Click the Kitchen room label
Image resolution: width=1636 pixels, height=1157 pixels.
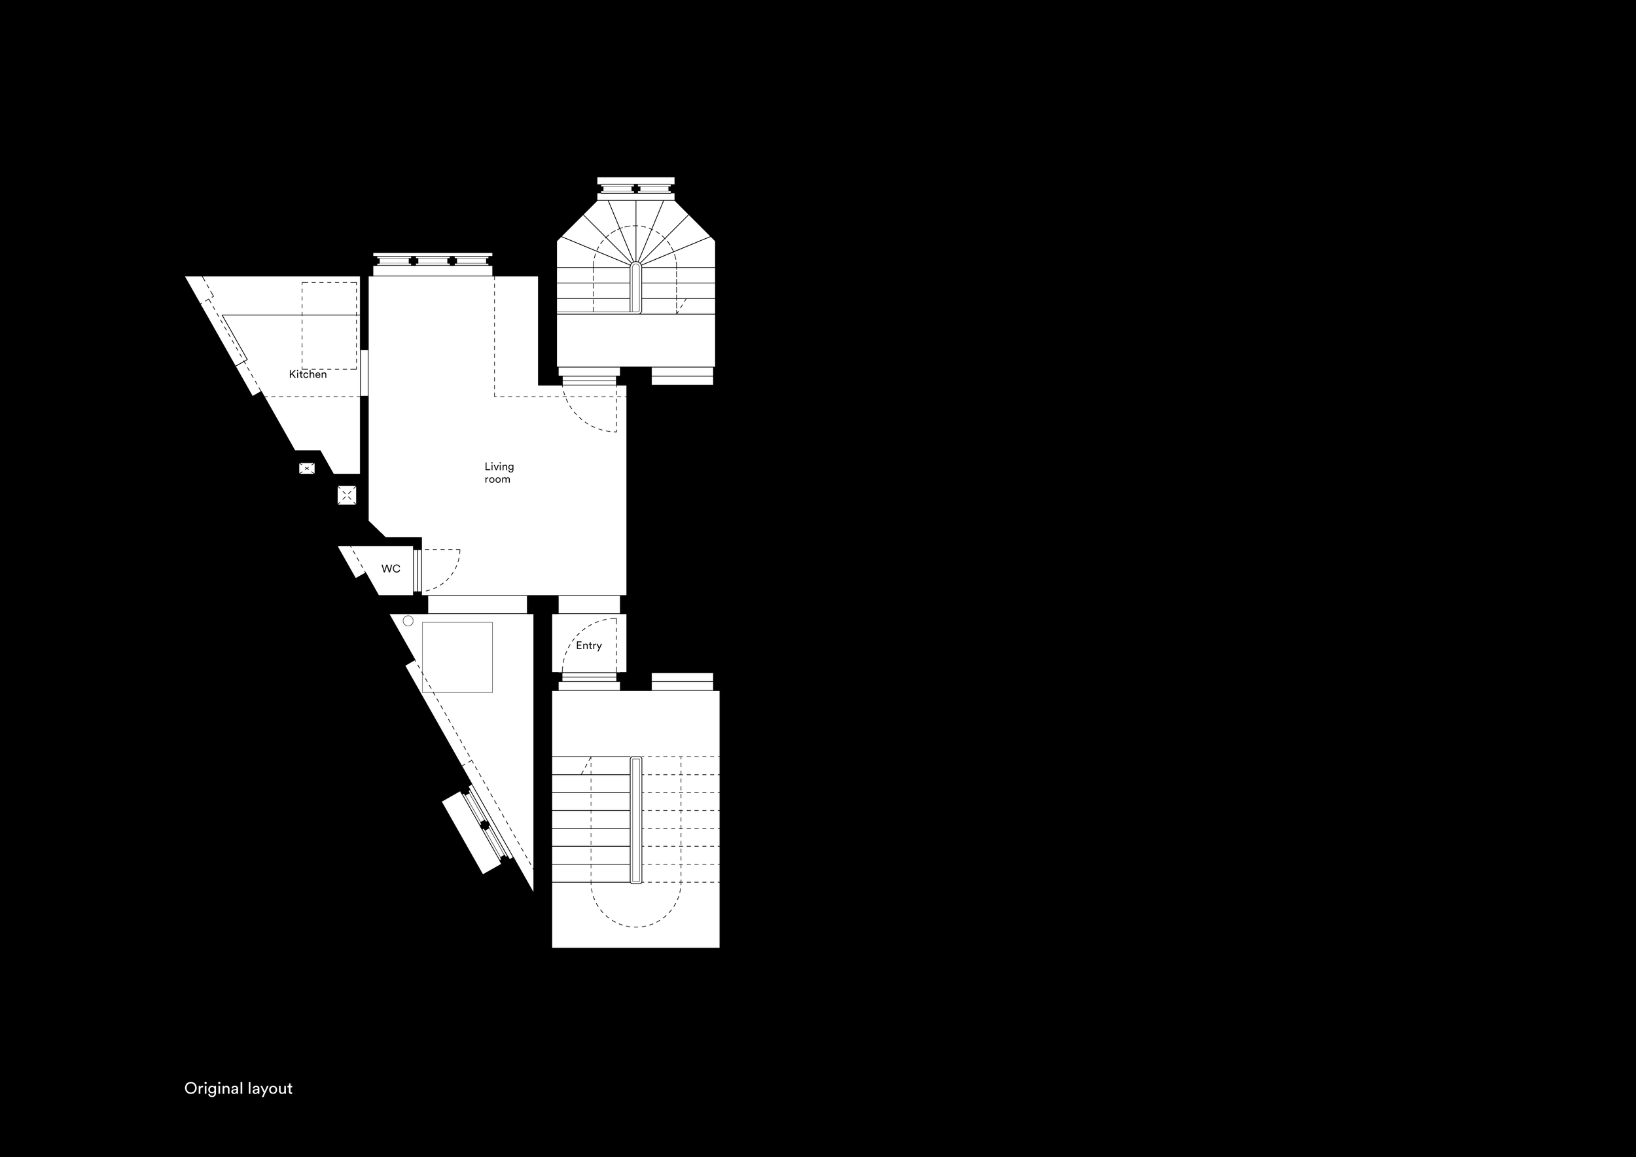click(x=308, y=374)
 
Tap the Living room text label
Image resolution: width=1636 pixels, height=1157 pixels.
click(x=499, y=472)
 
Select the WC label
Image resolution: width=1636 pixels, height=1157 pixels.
click(x=391, y=569)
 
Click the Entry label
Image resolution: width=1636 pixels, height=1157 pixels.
click(x=588, y=645)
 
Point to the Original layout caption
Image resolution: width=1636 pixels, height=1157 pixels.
click(x=238, y=1088)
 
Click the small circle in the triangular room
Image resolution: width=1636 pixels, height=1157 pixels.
click(x=408, y=621)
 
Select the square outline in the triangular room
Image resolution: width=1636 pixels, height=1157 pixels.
click(x=457, y=657)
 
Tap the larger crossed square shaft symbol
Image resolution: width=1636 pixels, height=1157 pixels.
click(x=346, y=495)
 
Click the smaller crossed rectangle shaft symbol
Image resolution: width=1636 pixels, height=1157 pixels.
click(x=306, y=468)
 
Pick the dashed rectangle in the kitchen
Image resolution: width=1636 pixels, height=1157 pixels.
click(x=329, y=326)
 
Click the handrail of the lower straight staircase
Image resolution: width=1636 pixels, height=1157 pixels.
click(x=635, y=820)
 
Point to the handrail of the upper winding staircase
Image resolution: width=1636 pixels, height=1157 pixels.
click(x=635, y=288)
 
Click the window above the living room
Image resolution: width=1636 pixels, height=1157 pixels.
click(x=433, y=260)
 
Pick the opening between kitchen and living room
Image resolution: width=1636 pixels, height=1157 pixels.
click(x=364, y=372)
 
